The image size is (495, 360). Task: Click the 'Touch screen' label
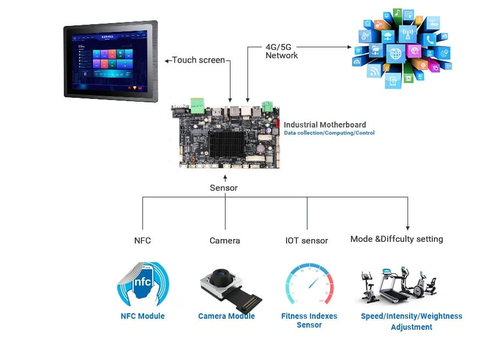click(198, 59)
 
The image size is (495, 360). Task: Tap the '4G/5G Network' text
click(282, 51)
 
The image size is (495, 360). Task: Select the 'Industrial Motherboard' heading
click(324, 125)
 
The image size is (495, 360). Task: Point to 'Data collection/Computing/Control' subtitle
click(329, 133)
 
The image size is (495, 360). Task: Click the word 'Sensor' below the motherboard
click(224, 188)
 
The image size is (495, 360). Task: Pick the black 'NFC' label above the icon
click(142, 240)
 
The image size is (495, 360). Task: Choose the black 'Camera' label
click(224, 240)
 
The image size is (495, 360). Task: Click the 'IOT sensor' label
click(306, 240)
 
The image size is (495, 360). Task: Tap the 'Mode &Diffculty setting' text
click(397, 239)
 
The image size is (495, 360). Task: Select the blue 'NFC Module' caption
click(142, 316)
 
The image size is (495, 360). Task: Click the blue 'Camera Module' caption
click(227, 316)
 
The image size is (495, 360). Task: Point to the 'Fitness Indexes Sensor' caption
click(309, 320)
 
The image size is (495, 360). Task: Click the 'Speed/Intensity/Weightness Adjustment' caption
click(411, 322)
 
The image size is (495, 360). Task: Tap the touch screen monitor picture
click(110, 60)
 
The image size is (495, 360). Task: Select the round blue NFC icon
click(142, 284)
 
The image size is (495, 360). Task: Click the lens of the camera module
click(221, 275)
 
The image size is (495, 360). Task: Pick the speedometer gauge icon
click(309, 285)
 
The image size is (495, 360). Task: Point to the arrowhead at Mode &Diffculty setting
click(408, 226)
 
